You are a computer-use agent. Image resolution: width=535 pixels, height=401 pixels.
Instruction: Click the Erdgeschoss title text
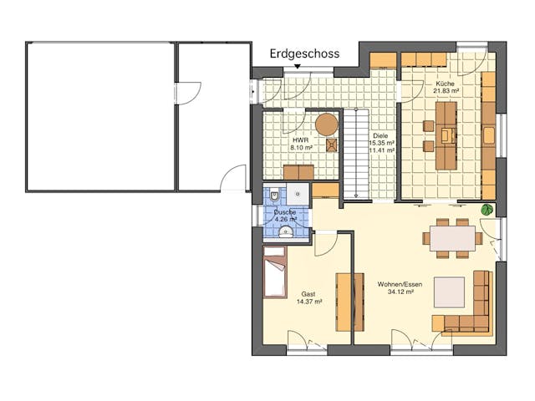click(304, 53)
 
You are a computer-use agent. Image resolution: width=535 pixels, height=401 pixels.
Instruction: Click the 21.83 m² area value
click(445, 94)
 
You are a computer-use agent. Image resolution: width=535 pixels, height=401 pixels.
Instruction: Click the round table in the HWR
click(327, 124)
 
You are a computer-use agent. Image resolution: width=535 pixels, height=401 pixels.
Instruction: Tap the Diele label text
click(381, 135)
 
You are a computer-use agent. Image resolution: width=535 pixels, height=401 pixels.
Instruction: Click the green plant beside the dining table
click(487, 210)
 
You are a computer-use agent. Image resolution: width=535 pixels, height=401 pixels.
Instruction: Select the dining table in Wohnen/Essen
click(452, 236)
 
